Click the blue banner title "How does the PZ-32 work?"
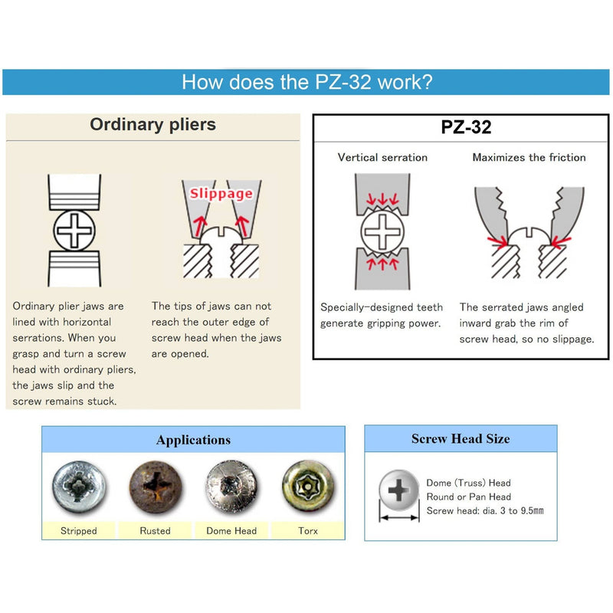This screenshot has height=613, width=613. tap(306, 82)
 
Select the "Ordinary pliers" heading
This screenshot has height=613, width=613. tap(153, 124)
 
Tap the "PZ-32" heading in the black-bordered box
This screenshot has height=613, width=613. tap(466, 127)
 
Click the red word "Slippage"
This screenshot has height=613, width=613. tap(221, 193)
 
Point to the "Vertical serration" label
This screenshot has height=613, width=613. tap(382, 157)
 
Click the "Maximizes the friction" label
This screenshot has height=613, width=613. tap(529, 157)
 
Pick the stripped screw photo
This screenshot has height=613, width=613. tap(78, 487)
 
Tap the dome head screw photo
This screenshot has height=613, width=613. tap(231, 487)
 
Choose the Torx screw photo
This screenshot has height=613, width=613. tap(307, 487)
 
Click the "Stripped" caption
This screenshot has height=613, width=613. tap(78, 530)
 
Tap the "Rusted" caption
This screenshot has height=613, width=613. tap(155, 530)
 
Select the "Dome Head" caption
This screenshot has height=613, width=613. tap(231, 530)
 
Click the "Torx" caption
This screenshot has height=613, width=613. tap(307, 530)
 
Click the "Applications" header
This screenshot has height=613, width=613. tap(193, 440)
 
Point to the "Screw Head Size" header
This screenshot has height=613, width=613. tap(461, 439)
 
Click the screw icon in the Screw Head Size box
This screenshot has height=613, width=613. tap(399, 490)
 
